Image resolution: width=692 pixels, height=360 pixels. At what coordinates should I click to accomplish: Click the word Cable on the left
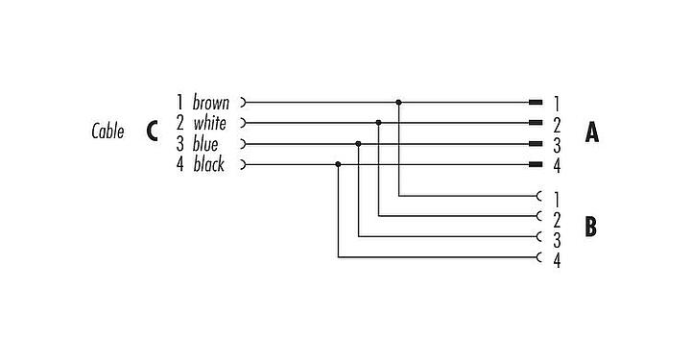[x=107, y=132]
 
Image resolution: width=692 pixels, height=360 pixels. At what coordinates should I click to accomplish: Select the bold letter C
[x=153, y=132]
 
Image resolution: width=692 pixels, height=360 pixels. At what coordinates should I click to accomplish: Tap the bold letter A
[x=592, y=133]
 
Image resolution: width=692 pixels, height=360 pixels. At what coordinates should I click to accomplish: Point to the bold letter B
[x=591, y=227]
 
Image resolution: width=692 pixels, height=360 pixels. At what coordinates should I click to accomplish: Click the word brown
[x=211, y=102]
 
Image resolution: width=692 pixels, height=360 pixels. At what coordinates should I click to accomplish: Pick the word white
[x=209, y=123]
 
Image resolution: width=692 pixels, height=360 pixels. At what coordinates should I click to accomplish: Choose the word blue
[x=205, y=144]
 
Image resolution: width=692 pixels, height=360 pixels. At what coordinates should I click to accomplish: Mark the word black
[x=208, y=165]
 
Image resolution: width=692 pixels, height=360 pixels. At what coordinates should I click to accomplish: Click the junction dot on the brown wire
[x=398, y=102]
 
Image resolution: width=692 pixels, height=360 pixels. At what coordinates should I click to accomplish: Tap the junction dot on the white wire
[x=379, y=123]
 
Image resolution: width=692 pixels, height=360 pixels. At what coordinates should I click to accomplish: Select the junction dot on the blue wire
[x=358, y=144]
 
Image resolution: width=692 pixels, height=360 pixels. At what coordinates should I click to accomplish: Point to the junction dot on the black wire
[x=338, y=164]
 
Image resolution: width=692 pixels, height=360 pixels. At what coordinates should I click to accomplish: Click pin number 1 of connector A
[x=557, y=102]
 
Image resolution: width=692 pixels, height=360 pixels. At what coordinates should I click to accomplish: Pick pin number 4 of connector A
[x=557, y=165]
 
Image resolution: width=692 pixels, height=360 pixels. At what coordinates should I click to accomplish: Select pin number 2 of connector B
[x=557, y=217]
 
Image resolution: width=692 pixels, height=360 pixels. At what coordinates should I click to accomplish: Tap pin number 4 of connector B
[x=557, y=259]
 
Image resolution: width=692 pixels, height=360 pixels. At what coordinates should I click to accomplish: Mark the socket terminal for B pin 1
[x=539, y=195]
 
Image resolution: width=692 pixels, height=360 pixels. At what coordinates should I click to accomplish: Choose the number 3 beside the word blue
[x=179, y=144]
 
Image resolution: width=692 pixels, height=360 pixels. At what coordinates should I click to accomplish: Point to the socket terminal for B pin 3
[x=539, y=236]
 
